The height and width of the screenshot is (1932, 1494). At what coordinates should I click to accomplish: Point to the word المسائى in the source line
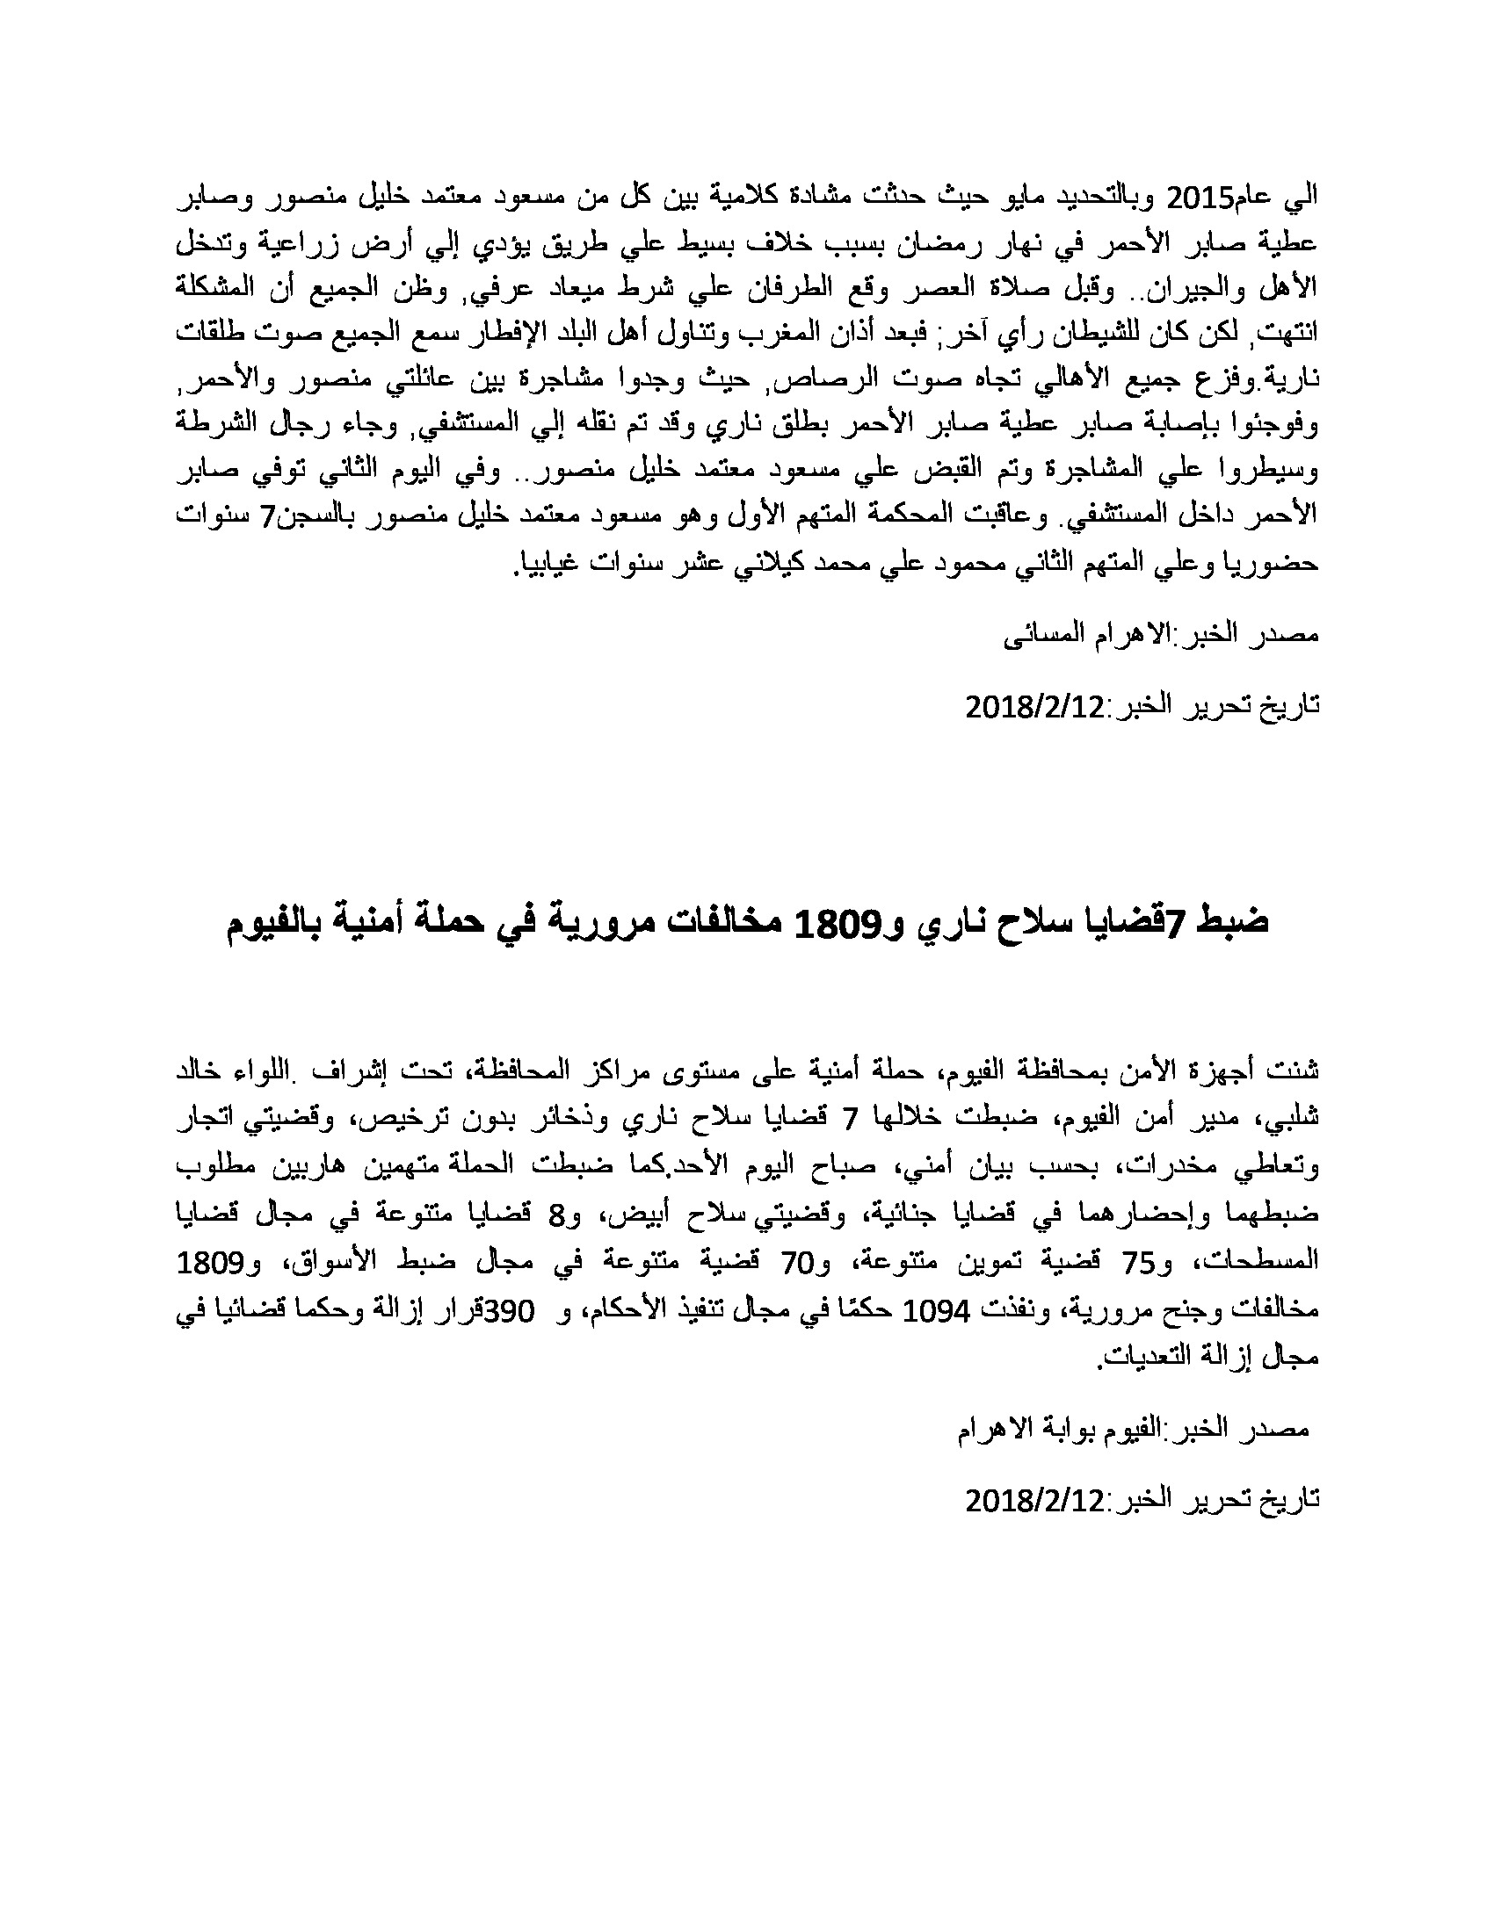[x=1041, y=635]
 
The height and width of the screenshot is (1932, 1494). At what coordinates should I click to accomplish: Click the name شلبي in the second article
[x=1291, y=1118]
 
